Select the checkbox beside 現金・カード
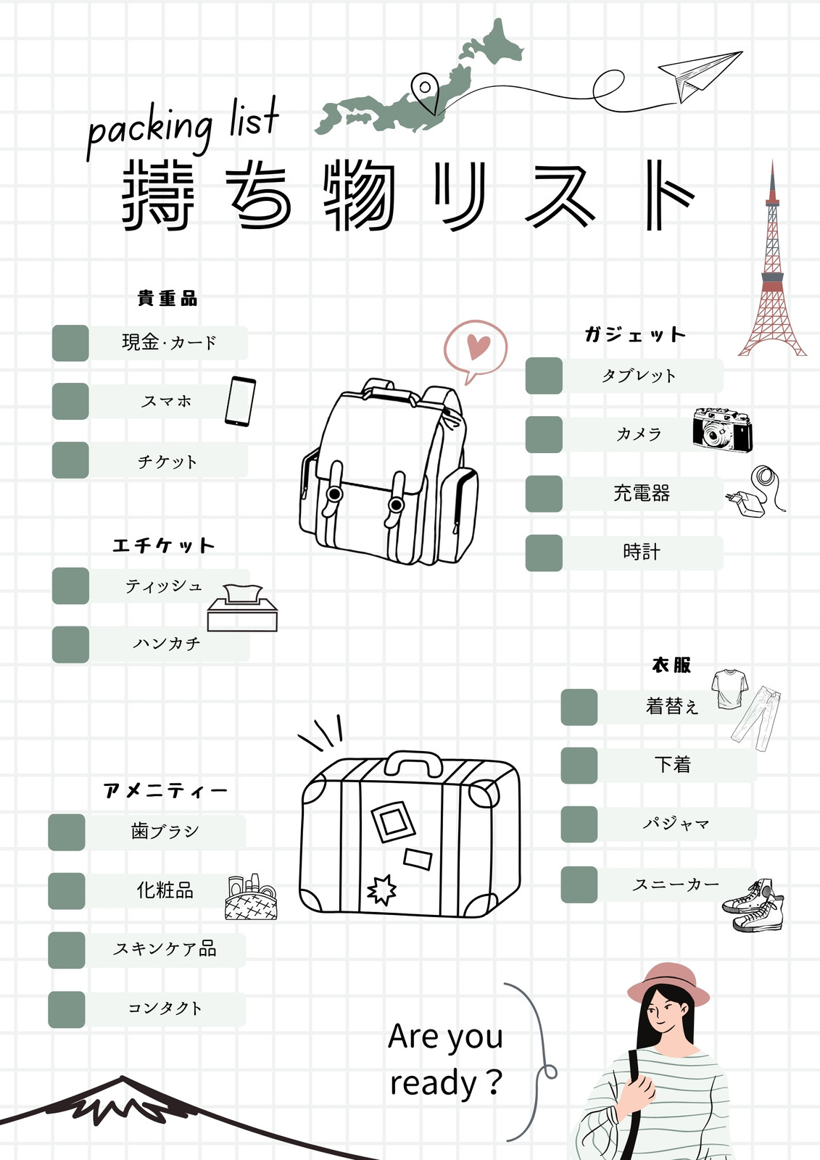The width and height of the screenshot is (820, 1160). (x=70, y=343)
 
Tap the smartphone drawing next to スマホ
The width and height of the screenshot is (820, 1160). (x=241, y=402)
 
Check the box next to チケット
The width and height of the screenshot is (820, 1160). (x=70, y=460)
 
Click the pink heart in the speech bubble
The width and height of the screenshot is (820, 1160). (x=478, y=346)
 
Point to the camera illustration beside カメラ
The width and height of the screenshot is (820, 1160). (x=723, y=429)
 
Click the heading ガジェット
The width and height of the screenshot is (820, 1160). (x=635, y=334)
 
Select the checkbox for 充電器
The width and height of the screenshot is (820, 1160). (x=544, y=494)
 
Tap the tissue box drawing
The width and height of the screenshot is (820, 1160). (x=242, y=608)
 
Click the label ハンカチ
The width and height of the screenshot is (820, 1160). (x=166, y=644)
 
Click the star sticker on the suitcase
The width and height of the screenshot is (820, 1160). (x=382, y=890)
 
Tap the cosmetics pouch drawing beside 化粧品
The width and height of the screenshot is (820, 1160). (x=252, y=897)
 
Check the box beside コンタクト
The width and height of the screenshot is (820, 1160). (x=67, y=1009)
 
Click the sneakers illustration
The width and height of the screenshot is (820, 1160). (x=753, y=906)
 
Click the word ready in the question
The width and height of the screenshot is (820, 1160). (x=433, y=1083)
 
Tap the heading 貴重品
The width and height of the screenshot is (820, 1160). (x=167, y=298)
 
